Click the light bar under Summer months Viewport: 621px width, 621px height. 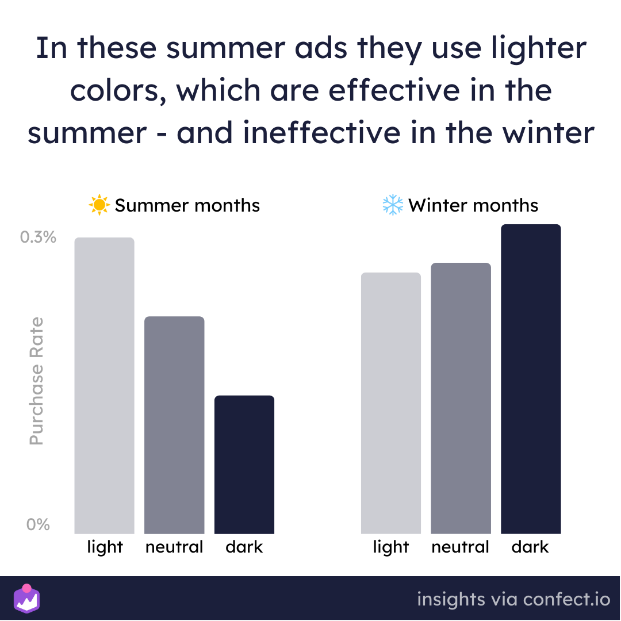[105, 385]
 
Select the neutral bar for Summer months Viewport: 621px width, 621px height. [174, 425]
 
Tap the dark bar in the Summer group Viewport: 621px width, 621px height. [244, 465]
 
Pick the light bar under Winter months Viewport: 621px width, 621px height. [391, 403]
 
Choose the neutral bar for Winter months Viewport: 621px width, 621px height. [461, 398]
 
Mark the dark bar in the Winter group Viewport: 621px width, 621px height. [531, 379]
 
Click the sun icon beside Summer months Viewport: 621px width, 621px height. [99, 205]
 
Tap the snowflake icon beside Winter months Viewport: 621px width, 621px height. [393, 205]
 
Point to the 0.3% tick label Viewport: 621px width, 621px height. [38, 237]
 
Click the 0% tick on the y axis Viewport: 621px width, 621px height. [38, 525]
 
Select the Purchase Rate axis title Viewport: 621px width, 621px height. [36, 381]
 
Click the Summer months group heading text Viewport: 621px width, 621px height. [187, 205]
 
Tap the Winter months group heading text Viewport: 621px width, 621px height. [473, 205]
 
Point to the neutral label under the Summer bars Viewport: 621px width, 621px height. [174, 547]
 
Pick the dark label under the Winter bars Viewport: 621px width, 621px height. [530, 547]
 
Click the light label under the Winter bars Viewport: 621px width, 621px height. [391, 547]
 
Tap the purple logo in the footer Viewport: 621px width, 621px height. [26, 598]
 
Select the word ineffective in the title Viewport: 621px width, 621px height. [321, 132]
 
